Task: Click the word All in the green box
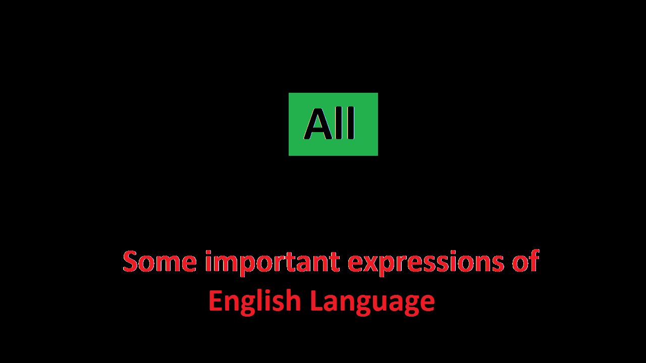[x=330, y=124]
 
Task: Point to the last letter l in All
[x=350, y=124]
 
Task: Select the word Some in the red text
[x=159, y=261]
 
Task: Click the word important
[x=272, y=262]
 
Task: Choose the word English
[x=254, y=301]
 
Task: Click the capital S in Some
[x=131, y=261]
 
